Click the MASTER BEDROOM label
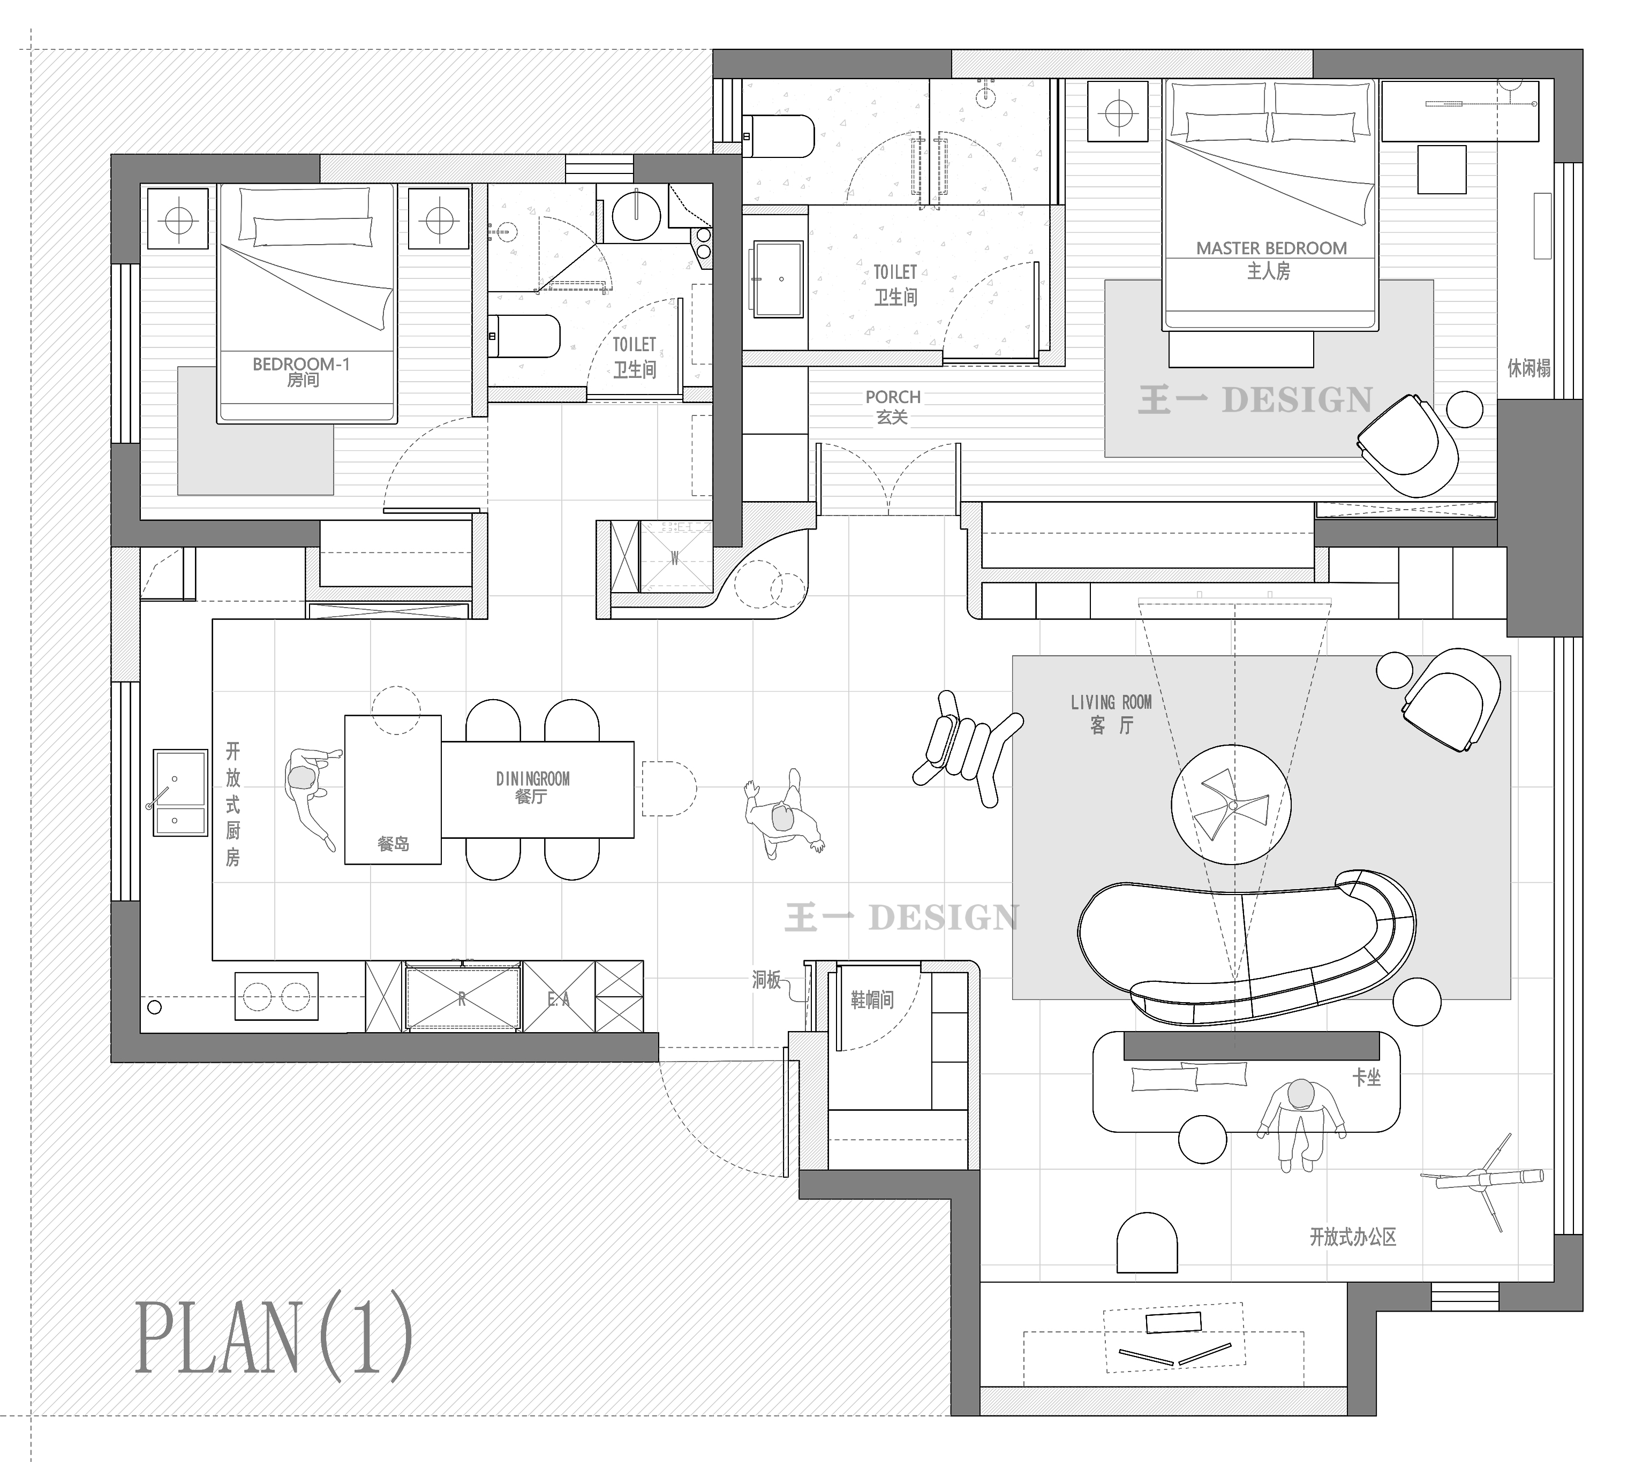coord(1271,248)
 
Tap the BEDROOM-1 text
coord(302,364)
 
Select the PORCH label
coord(893,397)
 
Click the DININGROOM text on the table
coord(533,778)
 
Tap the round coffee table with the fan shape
coord(1231,804)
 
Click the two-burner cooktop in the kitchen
coord(276,996)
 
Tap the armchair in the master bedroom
coord(1407,446)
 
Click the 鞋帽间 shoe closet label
coord(872,999)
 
